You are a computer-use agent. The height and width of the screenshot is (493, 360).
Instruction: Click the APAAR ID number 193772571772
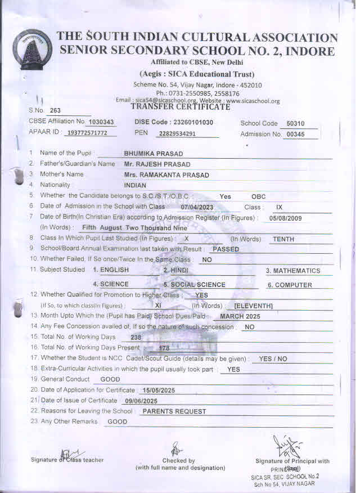pyautogui.click(x=91, y=134)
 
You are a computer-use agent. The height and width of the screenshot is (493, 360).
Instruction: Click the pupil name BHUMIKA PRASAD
pyautogui.click(x=153, y=154)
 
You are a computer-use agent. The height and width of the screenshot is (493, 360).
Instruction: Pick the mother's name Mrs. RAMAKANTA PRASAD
pyautogui.click(x=166, y=175)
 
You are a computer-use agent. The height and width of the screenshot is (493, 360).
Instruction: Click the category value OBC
pyautogui.click(x=258, y=196)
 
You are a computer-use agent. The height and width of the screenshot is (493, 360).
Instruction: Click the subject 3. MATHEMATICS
pyautogui.click(x=293, y=271)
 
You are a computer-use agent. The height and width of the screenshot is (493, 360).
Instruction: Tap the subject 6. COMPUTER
pyautogui.click(x=290, y=285)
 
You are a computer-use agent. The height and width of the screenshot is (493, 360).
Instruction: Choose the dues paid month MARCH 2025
pyautogui.click(x=240, y=316)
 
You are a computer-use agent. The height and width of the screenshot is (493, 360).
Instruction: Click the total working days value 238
pyautogui.click(x=136, y=337)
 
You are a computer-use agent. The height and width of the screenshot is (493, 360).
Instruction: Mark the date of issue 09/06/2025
pyautogui.click(x=139, y=401)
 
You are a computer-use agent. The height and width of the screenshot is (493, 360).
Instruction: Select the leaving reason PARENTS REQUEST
pyautogui.click(x=174, y=411)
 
